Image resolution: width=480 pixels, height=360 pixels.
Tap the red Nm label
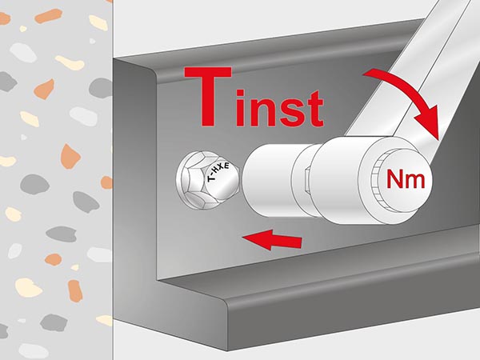(406, 178)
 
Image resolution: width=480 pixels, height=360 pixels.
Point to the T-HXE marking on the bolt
(218, 173)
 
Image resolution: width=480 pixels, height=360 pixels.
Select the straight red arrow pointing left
(272, 239)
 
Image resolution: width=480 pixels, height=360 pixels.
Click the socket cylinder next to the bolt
(270, 181)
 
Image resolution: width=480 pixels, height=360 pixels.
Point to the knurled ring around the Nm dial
(374, 182)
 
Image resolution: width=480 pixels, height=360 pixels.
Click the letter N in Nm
(394, 178)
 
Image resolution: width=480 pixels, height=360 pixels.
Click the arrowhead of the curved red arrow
(429, 122)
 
